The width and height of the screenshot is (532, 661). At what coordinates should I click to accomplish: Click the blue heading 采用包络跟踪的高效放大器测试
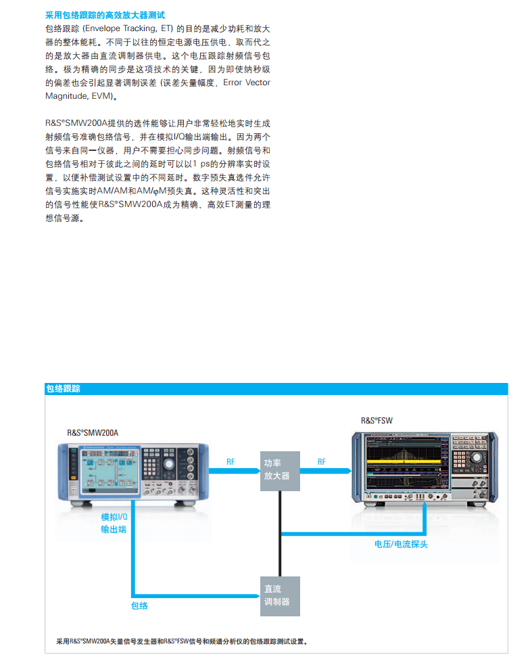coord(104,14)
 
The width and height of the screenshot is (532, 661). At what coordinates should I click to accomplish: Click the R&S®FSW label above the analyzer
coord(377,420)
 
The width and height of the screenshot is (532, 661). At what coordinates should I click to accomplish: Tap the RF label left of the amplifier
coord(231,461)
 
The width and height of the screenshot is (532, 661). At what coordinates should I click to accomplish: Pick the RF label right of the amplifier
coord(321,461)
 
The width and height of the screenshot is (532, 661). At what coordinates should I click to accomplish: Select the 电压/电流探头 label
coord(401,544)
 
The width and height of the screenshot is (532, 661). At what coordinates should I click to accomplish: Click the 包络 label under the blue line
coord(139,606)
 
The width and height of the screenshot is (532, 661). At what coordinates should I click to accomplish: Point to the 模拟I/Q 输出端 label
coord(114,522)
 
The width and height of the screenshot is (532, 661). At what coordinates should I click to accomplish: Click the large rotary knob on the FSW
coord(479,459)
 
